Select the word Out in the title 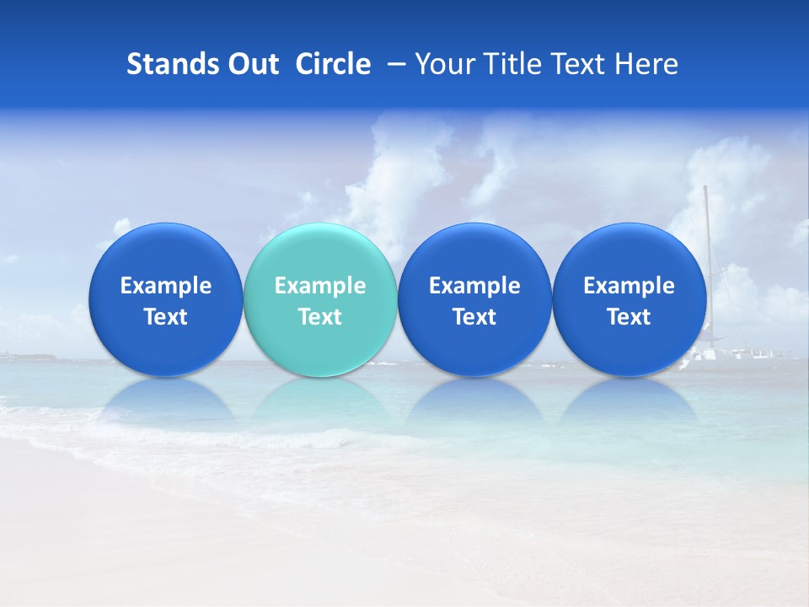[251, 64]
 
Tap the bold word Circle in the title [333, 64]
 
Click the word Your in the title [445, 64]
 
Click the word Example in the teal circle [320, 286]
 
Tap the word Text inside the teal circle [320, 317]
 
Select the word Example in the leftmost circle [166, 286]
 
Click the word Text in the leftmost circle [166, 317]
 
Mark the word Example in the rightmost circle [629, 286]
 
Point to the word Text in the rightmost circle [629, 317]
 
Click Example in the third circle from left [474, 286]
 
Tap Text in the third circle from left [474, 317]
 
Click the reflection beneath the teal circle [320, 400]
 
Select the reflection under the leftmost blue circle [166, 400]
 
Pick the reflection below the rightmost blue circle [629, 400]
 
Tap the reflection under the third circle [474, 400]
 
